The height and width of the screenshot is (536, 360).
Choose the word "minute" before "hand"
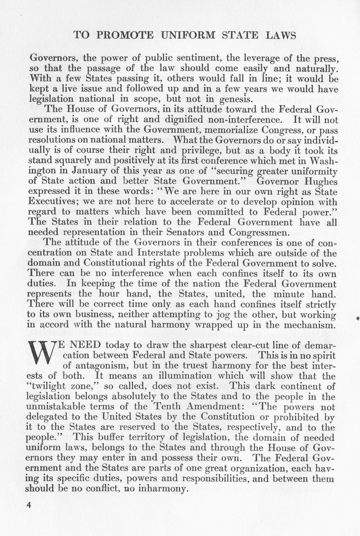click(289, 294)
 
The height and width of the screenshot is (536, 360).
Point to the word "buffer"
click(104, 438)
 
